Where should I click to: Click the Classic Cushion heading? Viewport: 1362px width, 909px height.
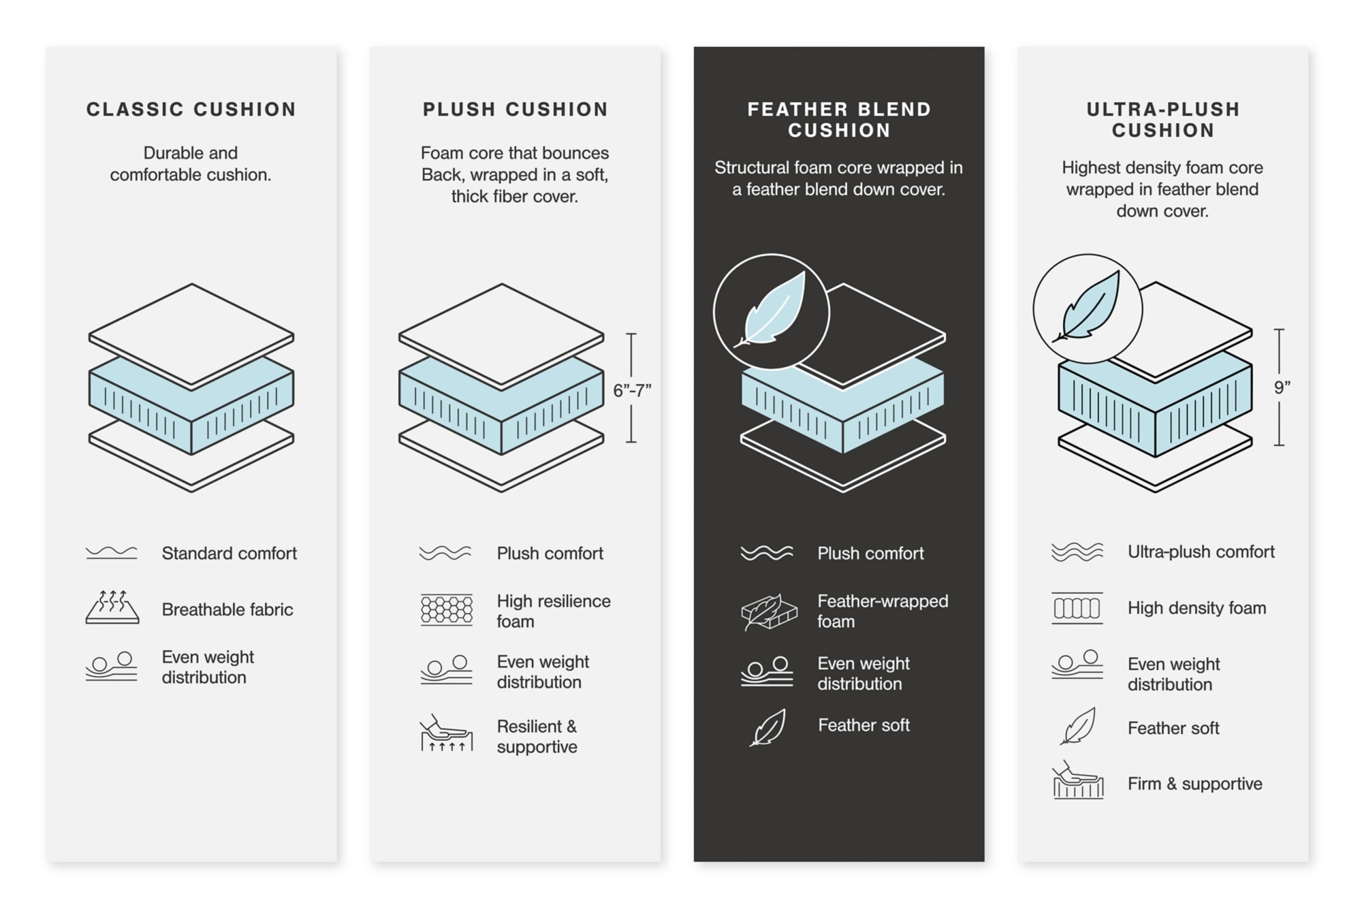point(191,110)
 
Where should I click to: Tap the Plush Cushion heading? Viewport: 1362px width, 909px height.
point(515,110)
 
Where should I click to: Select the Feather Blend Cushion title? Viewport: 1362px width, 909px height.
point(839,120)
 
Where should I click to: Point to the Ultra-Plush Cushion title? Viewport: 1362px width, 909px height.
point(1162,120)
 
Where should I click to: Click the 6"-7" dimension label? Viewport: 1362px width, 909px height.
point(632,390)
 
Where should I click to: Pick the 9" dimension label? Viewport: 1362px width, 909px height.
point(1282,387)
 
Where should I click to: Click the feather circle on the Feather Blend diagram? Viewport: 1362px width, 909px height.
point(771,313)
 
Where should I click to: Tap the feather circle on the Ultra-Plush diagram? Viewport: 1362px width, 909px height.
point(1088,308)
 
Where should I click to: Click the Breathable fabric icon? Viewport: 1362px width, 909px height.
point(112,607)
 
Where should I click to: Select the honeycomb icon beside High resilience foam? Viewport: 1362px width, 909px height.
point(447,609)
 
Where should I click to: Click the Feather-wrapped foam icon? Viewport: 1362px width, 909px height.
point(768,611)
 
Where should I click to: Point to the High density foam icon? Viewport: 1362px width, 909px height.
point(1077,607)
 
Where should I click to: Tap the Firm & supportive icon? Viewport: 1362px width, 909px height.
point(1077,781)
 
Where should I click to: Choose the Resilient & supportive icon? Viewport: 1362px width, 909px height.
point(447,734)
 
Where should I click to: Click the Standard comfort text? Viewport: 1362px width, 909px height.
point(229,554)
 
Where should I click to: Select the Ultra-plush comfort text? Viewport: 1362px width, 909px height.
point(1201,552)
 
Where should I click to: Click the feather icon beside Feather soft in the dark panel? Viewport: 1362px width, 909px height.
point(768,727)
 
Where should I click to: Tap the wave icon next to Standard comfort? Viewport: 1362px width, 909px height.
point(112,552)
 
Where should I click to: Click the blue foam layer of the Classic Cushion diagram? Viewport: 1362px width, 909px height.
point(191,402)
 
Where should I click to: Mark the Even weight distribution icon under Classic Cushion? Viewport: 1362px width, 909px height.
point(112,667)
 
